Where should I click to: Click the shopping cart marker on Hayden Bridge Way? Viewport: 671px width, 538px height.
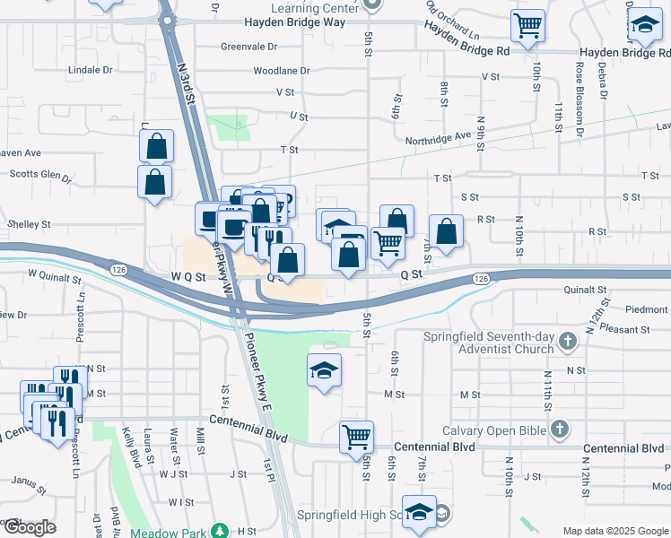point(527,25)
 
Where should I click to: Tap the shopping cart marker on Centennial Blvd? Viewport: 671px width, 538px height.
point(356,437)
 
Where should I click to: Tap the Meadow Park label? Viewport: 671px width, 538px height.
point(167,532)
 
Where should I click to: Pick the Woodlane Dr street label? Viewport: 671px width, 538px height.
point(281,70)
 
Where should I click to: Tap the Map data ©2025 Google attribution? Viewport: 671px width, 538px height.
point(614,531)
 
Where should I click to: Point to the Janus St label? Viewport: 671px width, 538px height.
point(29,485)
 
